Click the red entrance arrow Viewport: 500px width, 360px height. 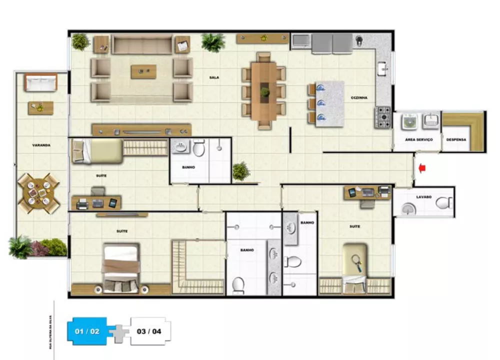point(421,168)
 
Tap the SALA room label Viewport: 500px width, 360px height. point(214,77)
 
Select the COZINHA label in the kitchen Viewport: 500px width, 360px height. point(359,98)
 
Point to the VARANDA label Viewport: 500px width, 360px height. point(41,145)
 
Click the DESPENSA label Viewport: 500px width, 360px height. point(456,139)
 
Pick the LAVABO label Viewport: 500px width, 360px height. point(423,196)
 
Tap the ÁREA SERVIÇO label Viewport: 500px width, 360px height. point(418,139)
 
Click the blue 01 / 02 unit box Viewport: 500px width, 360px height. point(87,330)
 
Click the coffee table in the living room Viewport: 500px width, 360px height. point(143,71)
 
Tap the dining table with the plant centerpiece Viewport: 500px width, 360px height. point(264,90)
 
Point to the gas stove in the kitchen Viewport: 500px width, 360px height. point(384,116)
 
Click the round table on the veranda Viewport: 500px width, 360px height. point(38,192)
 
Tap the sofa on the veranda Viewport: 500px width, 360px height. point(40,82)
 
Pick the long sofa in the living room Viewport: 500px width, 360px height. point(142,44)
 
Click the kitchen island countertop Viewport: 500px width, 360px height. point(330,103)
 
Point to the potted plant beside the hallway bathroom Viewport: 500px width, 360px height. point(240,171)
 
